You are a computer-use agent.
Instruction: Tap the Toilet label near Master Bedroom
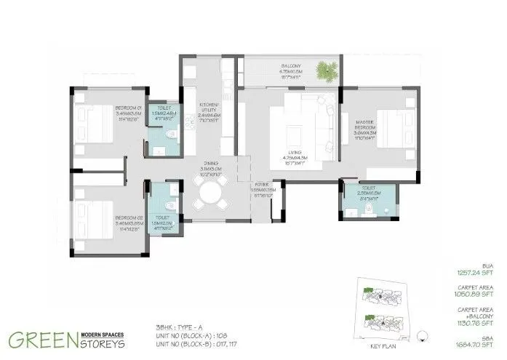370,194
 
